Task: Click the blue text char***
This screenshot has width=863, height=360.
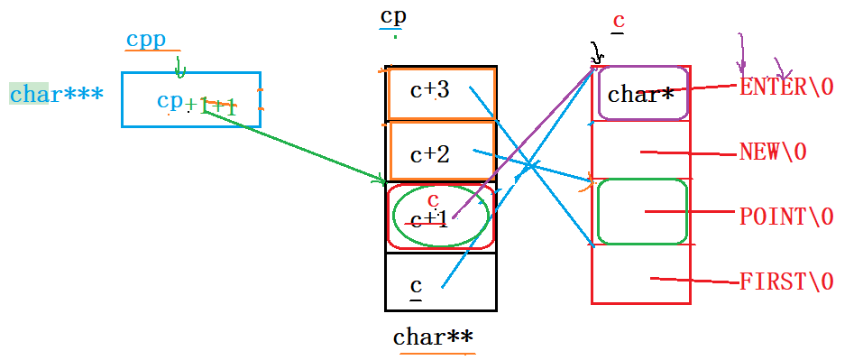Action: (x=56, y=94)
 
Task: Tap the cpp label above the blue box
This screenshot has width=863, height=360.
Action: (x=145, y=40)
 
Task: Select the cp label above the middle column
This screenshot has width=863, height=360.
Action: (x=392, y=17)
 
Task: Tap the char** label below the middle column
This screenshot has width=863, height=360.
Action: (x=433, y=337)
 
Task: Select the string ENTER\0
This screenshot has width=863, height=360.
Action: (x=786, y=87)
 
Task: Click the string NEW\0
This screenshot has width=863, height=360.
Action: (x=772, y=152)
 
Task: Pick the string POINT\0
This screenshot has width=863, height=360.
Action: (x=785, y=217)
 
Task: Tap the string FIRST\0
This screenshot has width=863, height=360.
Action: (x=785, y=282)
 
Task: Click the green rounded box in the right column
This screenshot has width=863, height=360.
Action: (x=642, y=211)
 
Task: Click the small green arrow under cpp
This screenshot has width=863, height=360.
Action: (x=179, y=67)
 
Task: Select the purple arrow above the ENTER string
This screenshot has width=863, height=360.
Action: (x=742, y=53)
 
